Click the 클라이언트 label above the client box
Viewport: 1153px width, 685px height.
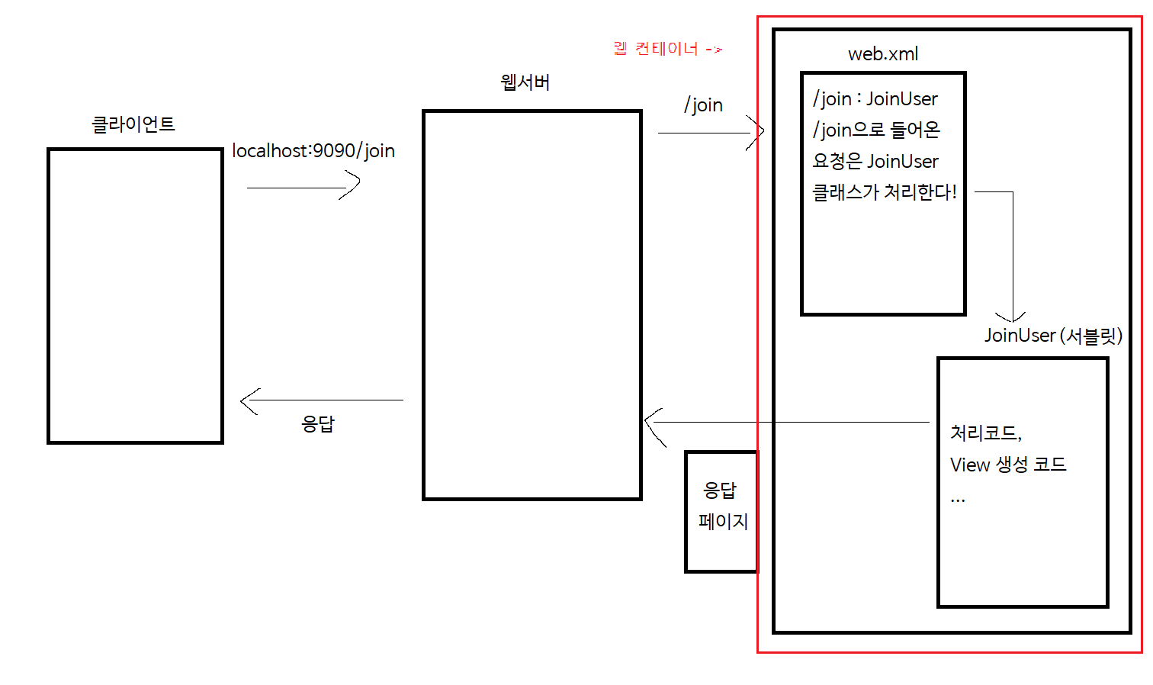[x=133, y=124]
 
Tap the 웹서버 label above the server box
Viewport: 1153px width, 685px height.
[x=525, y=82]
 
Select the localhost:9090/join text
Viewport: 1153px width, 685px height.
[x=313, y=150]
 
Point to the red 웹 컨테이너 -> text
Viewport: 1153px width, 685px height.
[x=667, y=49]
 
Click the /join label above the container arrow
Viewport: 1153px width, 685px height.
[x=703, y=105]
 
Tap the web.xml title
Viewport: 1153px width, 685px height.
[x=883, y=54]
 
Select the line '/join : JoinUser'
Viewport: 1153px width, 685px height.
[x=875, y=98]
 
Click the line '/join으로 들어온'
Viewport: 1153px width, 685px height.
[x=876, y=130]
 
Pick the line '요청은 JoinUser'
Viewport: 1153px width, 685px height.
[x=875, y=161]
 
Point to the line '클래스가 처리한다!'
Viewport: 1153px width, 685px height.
[x=885, y=192]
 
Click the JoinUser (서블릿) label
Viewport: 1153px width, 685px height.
[x=1053, y=336]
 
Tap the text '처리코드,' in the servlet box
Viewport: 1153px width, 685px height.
[x=986, y=433]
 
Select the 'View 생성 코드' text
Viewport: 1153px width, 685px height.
[x=1008, y=465]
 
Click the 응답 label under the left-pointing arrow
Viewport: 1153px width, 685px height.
[x=318, y=424]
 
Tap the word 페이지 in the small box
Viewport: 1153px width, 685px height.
[x=723, y=522]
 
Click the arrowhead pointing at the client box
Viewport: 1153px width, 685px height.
[x=247, y=400]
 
